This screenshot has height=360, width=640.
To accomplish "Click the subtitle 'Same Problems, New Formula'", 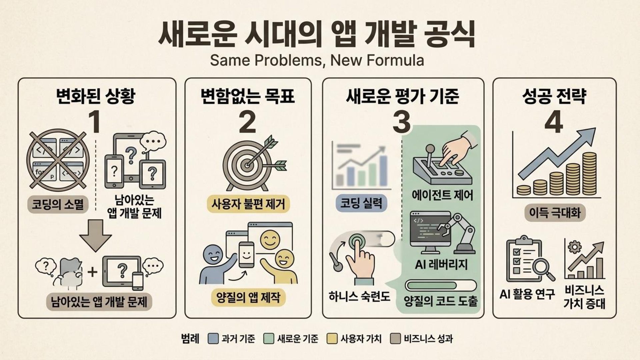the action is point(317,61).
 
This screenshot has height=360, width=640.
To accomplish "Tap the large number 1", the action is point(95,122).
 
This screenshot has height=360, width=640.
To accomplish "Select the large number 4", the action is point(554,122).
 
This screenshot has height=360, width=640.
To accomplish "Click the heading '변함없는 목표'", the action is point(248,96).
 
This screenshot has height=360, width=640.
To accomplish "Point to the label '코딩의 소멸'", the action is point(58,204).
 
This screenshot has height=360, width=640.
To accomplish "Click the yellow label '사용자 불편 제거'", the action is point(248,204).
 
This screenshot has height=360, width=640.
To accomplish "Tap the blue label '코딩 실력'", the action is point(361,203).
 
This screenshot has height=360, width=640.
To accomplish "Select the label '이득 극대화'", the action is point(555,213).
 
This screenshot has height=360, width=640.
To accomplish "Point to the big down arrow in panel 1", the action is point(96,235).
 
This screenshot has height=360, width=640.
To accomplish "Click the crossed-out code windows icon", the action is point(58,160).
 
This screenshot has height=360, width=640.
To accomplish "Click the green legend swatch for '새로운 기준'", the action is point(268,339).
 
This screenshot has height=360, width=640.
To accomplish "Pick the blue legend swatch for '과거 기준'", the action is point(213,339).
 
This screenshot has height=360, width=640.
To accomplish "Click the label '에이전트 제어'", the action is point(442,195).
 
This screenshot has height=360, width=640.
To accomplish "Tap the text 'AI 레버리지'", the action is point(441,265).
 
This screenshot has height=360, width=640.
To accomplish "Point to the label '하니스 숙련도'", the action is point(359,296).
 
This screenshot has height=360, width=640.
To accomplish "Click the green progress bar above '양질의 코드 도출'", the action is point(441,286).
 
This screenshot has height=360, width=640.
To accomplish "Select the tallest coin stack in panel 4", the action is point(589,174).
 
